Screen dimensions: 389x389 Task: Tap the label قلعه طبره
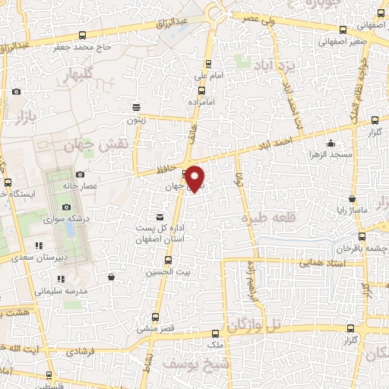coord(267,218)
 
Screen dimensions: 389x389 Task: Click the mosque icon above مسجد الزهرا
coord(330,143)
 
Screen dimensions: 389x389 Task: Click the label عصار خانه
coord(101,185)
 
